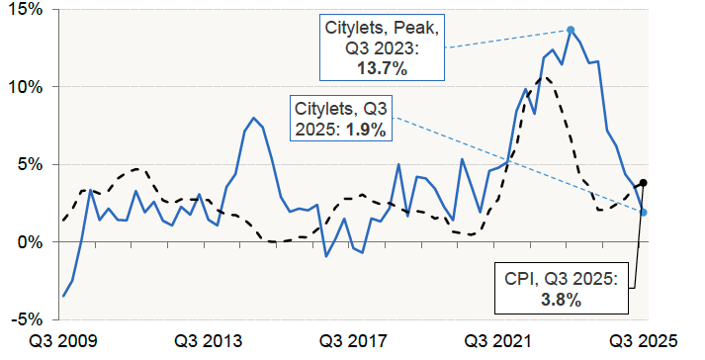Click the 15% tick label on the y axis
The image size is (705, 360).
tap(24, 10)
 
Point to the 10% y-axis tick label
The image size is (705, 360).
tap(24, 87)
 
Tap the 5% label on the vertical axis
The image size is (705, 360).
tap(28, 164)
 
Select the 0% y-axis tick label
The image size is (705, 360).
tap(28, 242)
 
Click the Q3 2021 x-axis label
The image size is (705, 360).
tap(499, 342)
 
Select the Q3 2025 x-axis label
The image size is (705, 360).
tap(645, 342)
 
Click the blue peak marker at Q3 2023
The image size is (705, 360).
tap(571, 30)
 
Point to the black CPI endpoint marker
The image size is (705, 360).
tap(644, 183)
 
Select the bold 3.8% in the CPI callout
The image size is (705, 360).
tap(560, 298)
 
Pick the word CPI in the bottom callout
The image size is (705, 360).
tap(517, 280)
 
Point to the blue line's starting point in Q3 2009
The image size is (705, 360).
tap(64, 296)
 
